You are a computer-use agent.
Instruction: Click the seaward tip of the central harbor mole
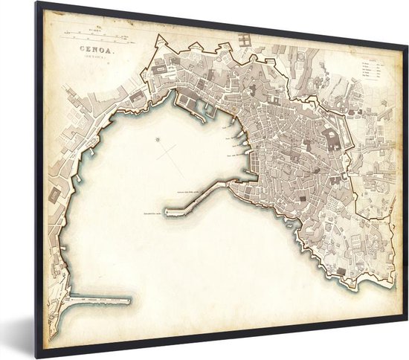click(x=167, y=213)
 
